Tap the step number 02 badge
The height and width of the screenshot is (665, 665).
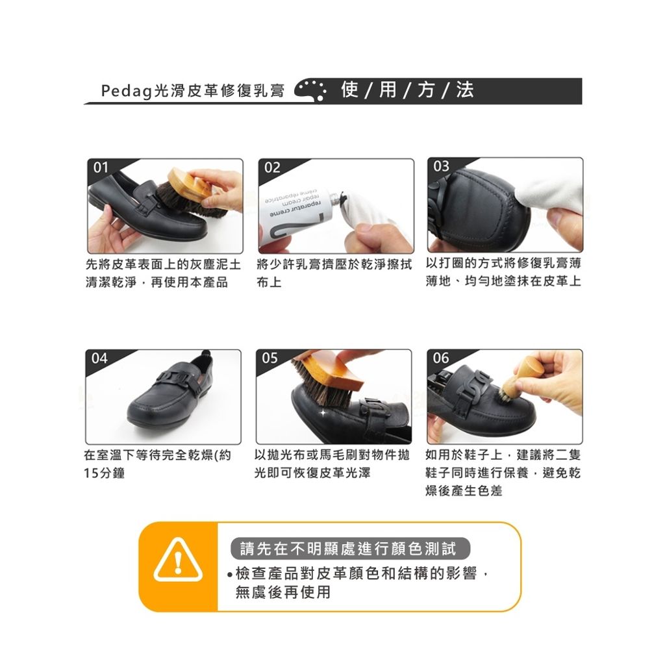tap(272, 168)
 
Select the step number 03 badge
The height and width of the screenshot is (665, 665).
tap(441, 166)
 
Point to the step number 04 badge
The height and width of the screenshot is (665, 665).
tap(99, 358)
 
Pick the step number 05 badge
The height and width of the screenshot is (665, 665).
tap(270, 358)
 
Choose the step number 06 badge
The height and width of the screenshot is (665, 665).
tap(441, 358)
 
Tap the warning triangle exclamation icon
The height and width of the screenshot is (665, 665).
tap(178, 560)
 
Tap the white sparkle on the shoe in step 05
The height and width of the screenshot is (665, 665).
tap(323, 412)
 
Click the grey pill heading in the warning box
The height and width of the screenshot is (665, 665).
tap(350, 548)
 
